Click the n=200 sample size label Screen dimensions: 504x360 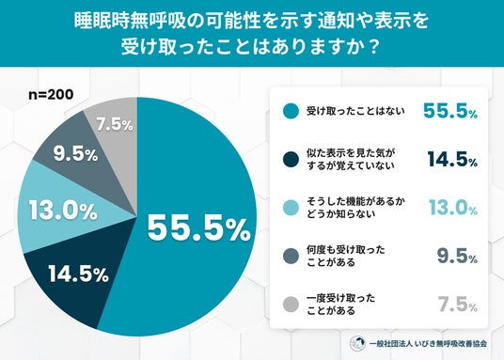(51, 95)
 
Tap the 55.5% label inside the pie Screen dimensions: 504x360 (199, 228)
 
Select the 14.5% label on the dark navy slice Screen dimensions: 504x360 (79, 274)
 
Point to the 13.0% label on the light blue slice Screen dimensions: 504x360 (63, 211)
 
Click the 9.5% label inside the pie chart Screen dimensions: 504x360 (75, 154)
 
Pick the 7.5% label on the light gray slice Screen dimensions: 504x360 (115, 124)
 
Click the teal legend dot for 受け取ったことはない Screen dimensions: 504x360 (291, 111)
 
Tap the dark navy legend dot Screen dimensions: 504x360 (291, 160)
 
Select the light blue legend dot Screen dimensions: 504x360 (291, 208)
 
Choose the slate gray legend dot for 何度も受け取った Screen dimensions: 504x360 (291, 257)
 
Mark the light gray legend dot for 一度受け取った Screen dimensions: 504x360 (291, 305)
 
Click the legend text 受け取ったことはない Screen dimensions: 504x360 (355, 111)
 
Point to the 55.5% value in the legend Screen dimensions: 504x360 (450, 111)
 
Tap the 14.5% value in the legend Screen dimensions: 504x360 (452, 160)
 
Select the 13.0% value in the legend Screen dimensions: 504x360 (453, 208)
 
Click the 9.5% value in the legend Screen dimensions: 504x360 (457, 257)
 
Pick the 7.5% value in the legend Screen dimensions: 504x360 (458, 305)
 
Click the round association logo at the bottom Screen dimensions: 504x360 (357, 343)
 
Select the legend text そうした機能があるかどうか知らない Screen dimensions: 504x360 (355, 208)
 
